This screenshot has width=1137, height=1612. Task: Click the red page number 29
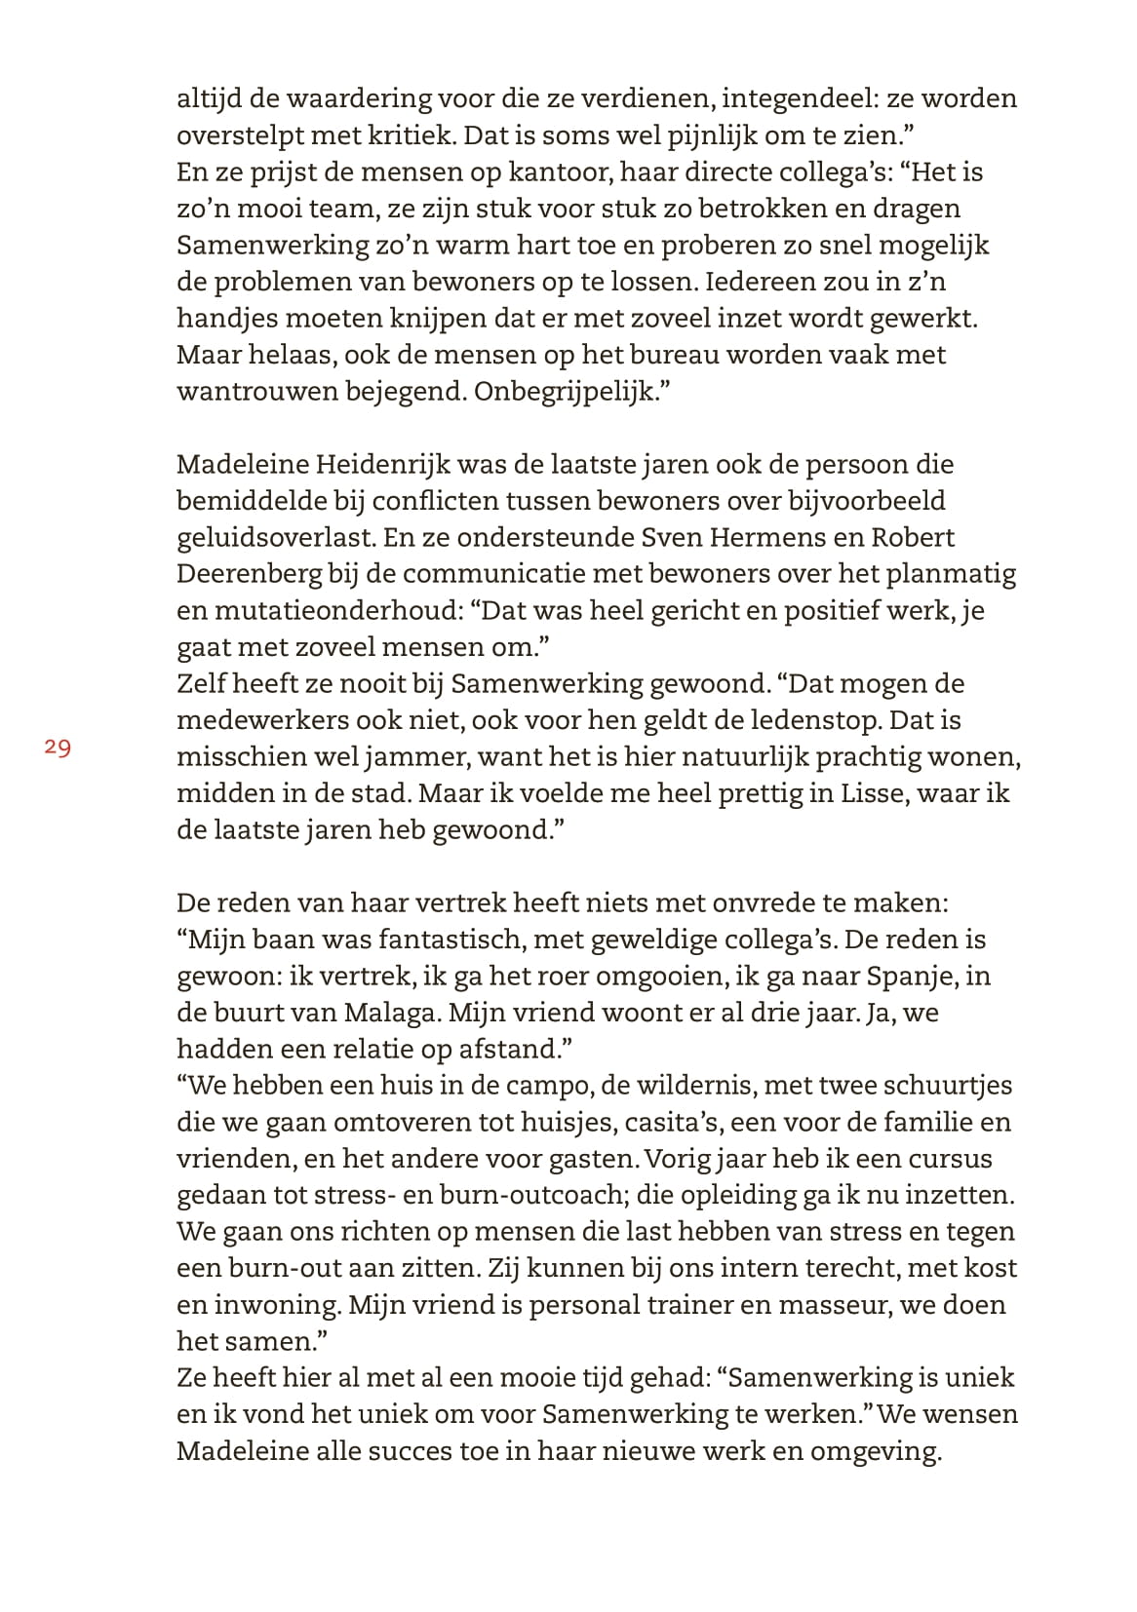pos(58,748)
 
